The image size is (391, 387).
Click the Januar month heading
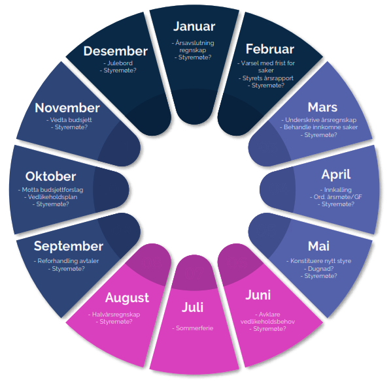pyautogui.click(x=194, y=26)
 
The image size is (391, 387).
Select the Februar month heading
pyautogui.click(x=270, y=49)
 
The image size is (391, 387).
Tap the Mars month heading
pyautogui.click(x=322, y=107)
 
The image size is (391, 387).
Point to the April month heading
pyautogui.click(x=336, y=174)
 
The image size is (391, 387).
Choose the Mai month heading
pyautogui.click(x=318, y=246)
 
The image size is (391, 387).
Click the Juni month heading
pyautogui.click(x=258, y=295)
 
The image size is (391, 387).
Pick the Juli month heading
pyautogui.click(x=192, y=307)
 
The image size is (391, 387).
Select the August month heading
pyautogui.click(x=127, y=298)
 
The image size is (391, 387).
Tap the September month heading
pyautogui.click(x=68, y=247)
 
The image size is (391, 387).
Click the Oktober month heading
pyautogui.click(x=50, y=176)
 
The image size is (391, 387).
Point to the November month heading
pyautogui.click(x=67, y=108)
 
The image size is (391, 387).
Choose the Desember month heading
pyautogui.click(x=116, y=51)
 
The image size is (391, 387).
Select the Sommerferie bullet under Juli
pyautogui.click(x=192, y=328)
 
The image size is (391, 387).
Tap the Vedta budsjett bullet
pyautogui.click(x=69, y=120)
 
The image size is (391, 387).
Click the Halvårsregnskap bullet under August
pyautogui.click(x=114, y=315)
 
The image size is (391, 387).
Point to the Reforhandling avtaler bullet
pyautogui.click(x=66, y=261)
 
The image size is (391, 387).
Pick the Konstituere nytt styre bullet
pyautogui.click(x=318, y=261)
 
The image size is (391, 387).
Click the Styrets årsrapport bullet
pyautogui.click(x=266, y=78)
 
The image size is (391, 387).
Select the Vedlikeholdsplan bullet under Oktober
pyautogui.click(x=50, y=197)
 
